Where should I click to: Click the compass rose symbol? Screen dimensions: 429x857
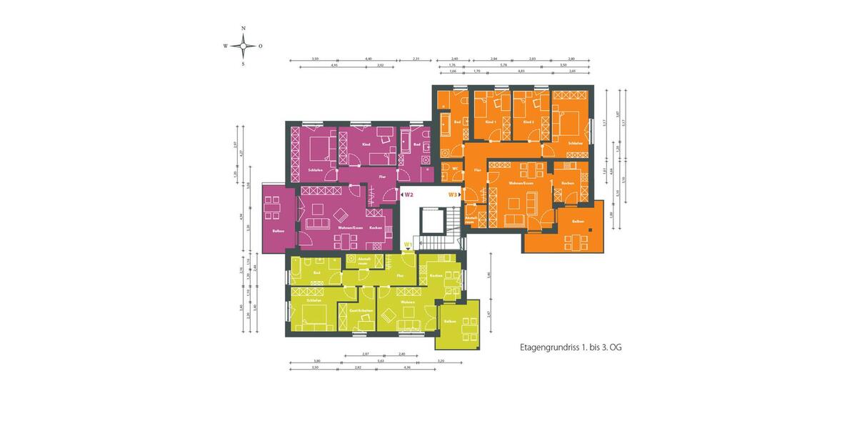[244, 46]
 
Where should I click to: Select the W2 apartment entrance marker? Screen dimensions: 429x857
[409, 194]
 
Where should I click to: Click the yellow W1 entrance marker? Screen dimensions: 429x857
[408, 245]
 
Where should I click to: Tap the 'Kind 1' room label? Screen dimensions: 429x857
[490, 122]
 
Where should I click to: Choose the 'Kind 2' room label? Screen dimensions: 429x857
[528, 122]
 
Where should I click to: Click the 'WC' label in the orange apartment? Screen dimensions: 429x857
[454, 169]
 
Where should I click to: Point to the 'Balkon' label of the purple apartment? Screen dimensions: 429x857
[279, 230]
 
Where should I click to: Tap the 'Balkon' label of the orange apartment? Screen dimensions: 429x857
[577, 222]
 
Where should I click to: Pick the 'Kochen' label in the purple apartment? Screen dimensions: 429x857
[376, 227]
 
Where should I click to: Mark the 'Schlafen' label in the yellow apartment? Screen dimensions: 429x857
[314, 300]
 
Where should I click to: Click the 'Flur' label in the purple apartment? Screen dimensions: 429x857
[382, 176]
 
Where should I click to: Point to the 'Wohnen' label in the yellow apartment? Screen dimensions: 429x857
[408, 302]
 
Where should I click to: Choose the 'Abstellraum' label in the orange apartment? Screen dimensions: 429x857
[470, 220]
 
